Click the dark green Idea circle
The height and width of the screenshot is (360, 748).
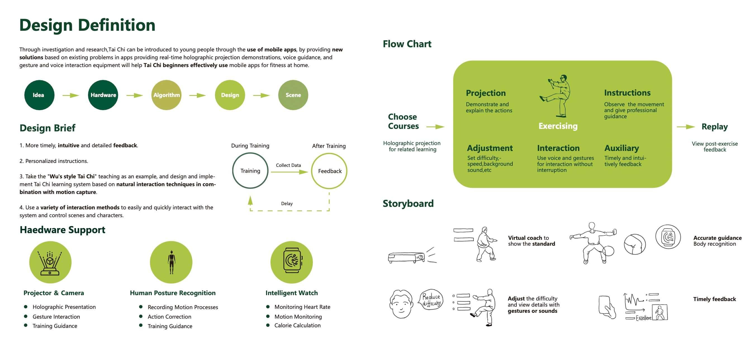(x=39, y=95)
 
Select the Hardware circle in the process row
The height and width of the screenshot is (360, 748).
(x=103, y=95)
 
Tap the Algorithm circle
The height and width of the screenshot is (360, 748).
(x=166, y=95)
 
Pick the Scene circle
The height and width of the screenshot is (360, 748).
(x=293, y=95)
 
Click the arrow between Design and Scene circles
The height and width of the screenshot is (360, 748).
(x=261, y=95)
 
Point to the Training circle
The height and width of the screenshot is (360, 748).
(x=250, y=171)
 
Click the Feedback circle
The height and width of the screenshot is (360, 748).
(x=329, y=171)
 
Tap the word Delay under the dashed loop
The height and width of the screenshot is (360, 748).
(x=287, y=204)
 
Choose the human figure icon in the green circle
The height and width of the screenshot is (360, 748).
(x=171, y=262)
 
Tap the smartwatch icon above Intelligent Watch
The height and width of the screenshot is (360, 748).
(x=292, y=260)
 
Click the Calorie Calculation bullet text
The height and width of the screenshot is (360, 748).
(x=297, y=325)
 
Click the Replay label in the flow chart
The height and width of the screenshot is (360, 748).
(x=714, y=127)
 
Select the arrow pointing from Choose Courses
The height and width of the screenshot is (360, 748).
(x=435, y=127)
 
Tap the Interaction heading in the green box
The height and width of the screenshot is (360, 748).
(x=558, y=148)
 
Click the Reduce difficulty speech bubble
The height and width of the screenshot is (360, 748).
(x=431, y=300)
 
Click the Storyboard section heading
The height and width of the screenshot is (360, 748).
(x=408, y=203)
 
